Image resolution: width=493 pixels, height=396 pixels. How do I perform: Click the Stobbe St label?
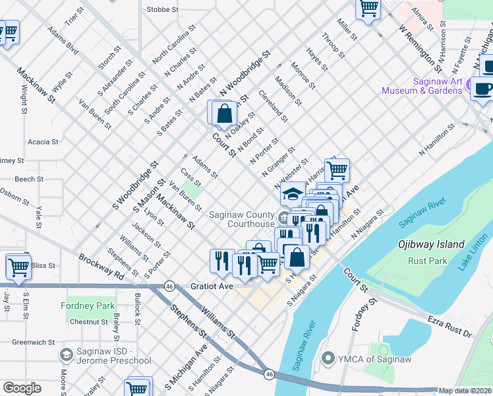click(163, 10)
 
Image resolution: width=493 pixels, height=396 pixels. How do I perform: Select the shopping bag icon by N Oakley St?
click(225, 114)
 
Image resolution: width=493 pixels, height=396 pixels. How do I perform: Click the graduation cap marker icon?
click(292, 194)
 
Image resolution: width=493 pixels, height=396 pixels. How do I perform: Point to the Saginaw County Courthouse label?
click(242, 219)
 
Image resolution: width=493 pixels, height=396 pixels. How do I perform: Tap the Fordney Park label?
click(88, 306)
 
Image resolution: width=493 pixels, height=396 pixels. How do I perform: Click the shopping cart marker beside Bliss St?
click(18, 268)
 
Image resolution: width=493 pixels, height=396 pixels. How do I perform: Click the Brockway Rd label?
click(101, 267)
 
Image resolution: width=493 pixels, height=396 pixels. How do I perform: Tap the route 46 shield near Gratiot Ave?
click(169, 287)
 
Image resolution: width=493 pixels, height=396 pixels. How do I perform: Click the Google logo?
click(22, 388)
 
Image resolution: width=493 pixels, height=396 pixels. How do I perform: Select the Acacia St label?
click(43, 141)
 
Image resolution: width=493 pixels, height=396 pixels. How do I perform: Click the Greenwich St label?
click(33, 342)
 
